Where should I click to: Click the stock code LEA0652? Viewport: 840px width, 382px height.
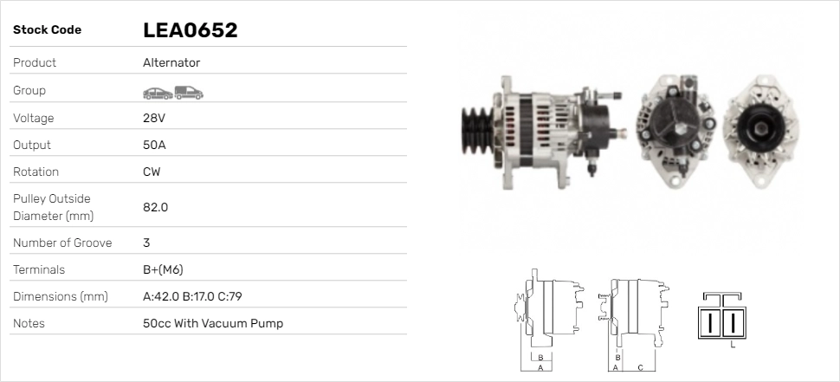[190, 30]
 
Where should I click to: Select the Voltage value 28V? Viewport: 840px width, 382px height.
[154, 118]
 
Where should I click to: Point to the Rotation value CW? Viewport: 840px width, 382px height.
[152, 172]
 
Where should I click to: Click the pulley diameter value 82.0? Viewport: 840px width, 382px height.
[155, 207]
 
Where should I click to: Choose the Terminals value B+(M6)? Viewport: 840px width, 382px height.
[163, 269]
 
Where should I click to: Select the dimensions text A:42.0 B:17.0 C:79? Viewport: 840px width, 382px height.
[192, 296]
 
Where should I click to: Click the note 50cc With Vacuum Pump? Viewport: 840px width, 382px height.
[213, 323]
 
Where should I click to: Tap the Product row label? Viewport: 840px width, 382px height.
[35, 62]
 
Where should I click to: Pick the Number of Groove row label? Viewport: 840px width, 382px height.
[62, 243]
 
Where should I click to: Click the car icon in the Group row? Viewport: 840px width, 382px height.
[157, 92]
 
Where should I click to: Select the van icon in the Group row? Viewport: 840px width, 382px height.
[189, 92]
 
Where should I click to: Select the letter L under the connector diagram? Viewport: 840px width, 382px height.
[733, 346]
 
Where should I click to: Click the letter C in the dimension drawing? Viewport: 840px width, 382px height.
[639, 366]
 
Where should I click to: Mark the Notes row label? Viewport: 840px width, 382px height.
[29, 323]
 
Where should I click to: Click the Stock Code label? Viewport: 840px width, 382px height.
[47, 30]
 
